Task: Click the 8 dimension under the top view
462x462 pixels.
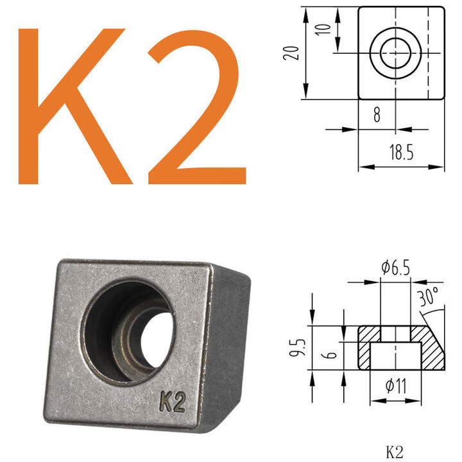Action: (377, 116)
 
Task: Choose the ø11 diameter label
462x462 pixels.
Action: (395, 387)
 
